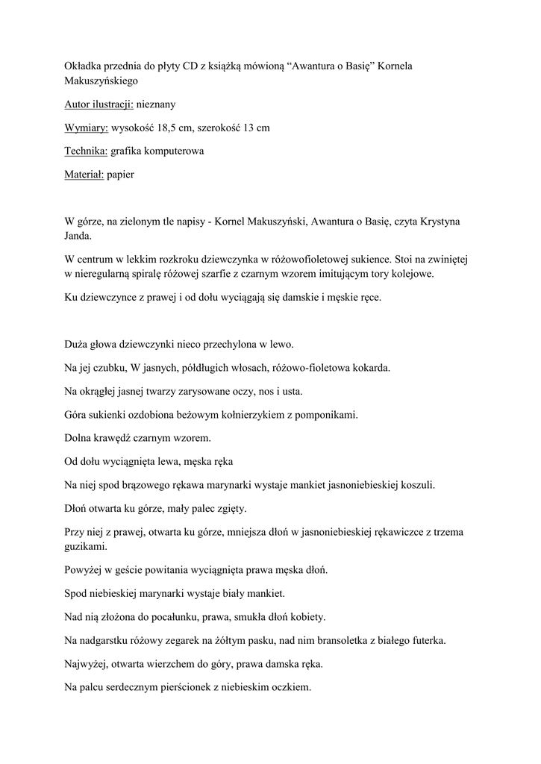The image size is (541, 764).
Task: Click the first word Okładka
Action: click(85, 66)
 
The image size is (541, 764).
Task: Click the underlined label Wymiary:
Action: click(87, 128)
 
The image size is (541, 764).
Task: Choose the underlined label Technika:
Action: click(87, 151)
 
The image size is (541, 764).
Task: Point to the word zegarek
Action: click(193, 639)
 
